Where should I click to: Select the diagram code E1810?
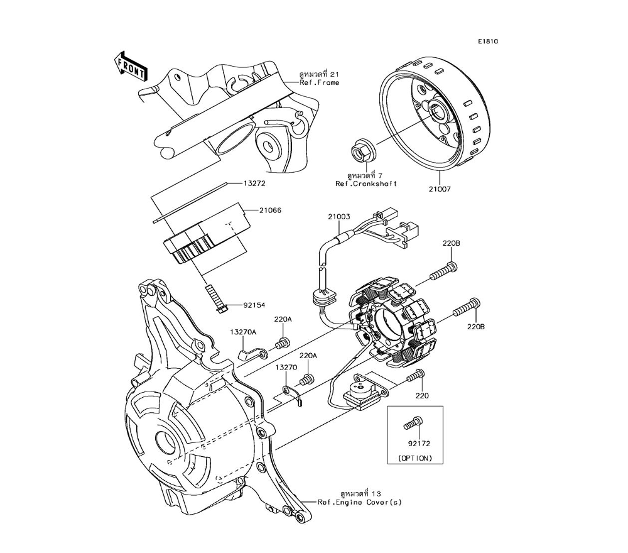coord(487,41)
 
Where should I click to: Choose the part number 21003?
coord(338,217)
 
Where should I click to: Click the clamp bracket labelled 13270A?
coord(249,354)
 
